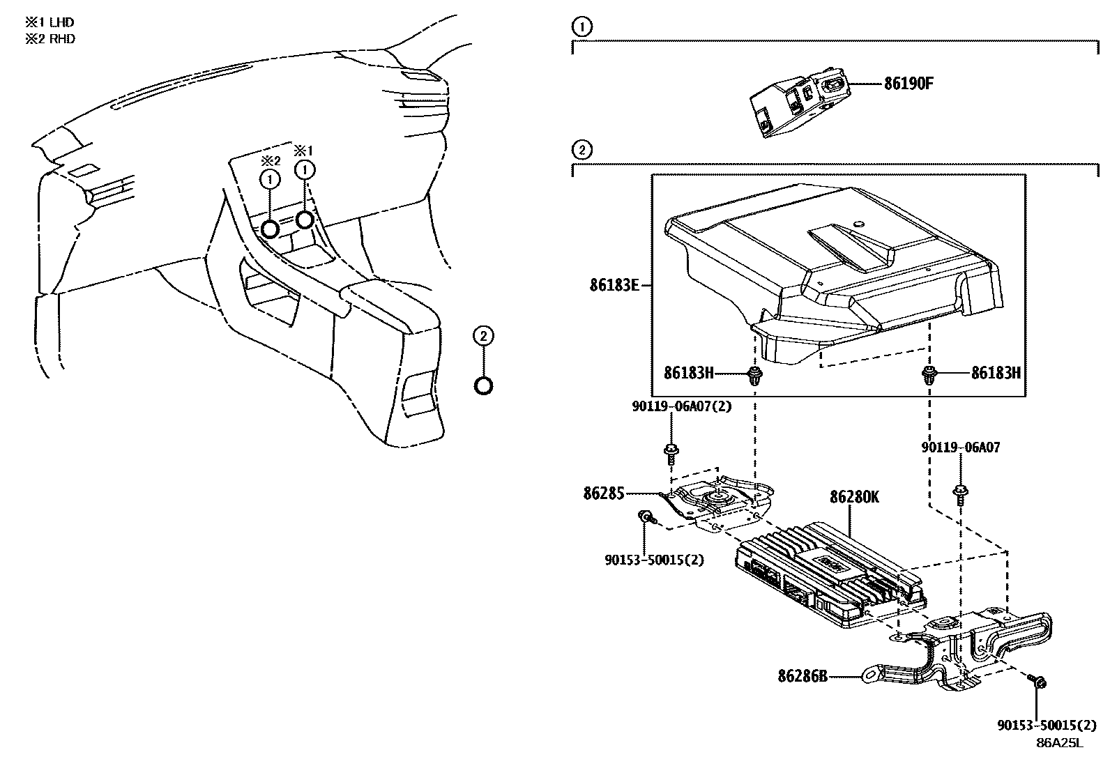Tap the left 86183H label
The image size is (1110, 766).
(688, 373)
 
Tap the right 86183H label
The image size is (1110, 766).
(996, 373)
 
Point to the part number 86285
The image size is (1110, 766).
(604, 493)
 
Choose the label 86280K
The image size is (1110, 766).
(854, 497)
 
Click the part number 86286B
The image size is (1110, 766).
(803, 675)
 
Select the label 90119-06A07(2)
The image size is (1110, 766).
(682, 406)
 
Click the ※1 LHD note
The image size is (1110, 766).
(50, 22)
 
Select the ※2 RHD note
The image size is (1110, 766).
(50, 39)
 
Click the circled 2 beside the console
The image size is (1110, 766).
(482, 337)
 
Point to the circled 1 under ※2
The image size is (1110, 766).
(270, 180)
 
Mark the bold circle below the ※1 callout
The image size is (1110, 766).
(305, 220)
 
